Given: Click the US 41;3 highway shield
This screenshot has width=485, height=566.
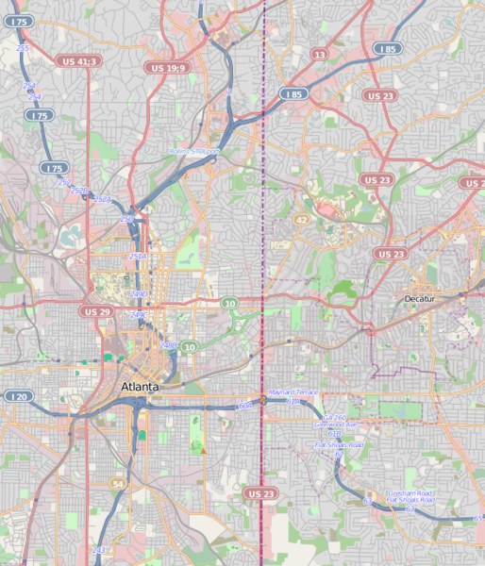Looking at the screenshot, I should pyautogui.click(x=79, y=61).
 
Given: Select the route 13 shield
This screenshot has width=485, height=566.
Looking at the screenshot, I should pyautogui.click(x=320, y=56).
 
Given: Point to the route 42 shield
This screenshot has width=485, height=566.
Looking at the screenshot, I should pyautogui.click(x=301, y=219).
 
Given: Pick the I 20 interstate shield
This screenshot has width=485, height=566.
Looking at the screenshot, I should pyautogui.click(x=18, y=397).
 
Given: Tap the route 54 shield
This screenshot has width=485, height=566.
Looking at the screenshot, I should pyautogui.click(x=118, y=484).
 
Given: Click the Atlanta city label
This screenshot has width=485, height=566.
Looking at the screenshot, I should pyautogui.click(x=140, y=387).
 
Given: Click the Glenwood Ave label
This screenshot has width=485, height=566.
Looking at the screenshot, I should pyautogui.click(x=335, y=425).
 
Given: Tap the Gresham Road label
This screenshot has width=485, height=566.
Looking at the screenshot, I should pyautogui.click(x=411, y=492).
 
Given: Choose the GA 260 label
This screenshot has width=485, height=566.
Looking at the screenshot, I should pyautogui.click(x=335, y=417).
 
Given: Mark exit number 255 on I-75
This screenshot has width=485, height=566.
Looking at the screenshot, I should pyautogui.click(x=23, y=48).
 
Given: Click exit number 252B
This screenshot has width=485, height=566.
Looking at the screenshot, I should pyautogui.click(x=79, y=191).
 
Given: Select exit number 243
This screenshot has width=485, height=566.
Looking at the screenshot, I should pyautogui.click(x=99, y=549).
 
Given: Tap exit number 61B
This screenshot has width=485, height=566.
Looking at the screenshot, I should pyautogui.click(x=334, y=434).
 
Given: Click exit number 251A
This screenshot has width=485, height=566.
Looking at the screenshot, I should pyautogui.click(x=137, y=257).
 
